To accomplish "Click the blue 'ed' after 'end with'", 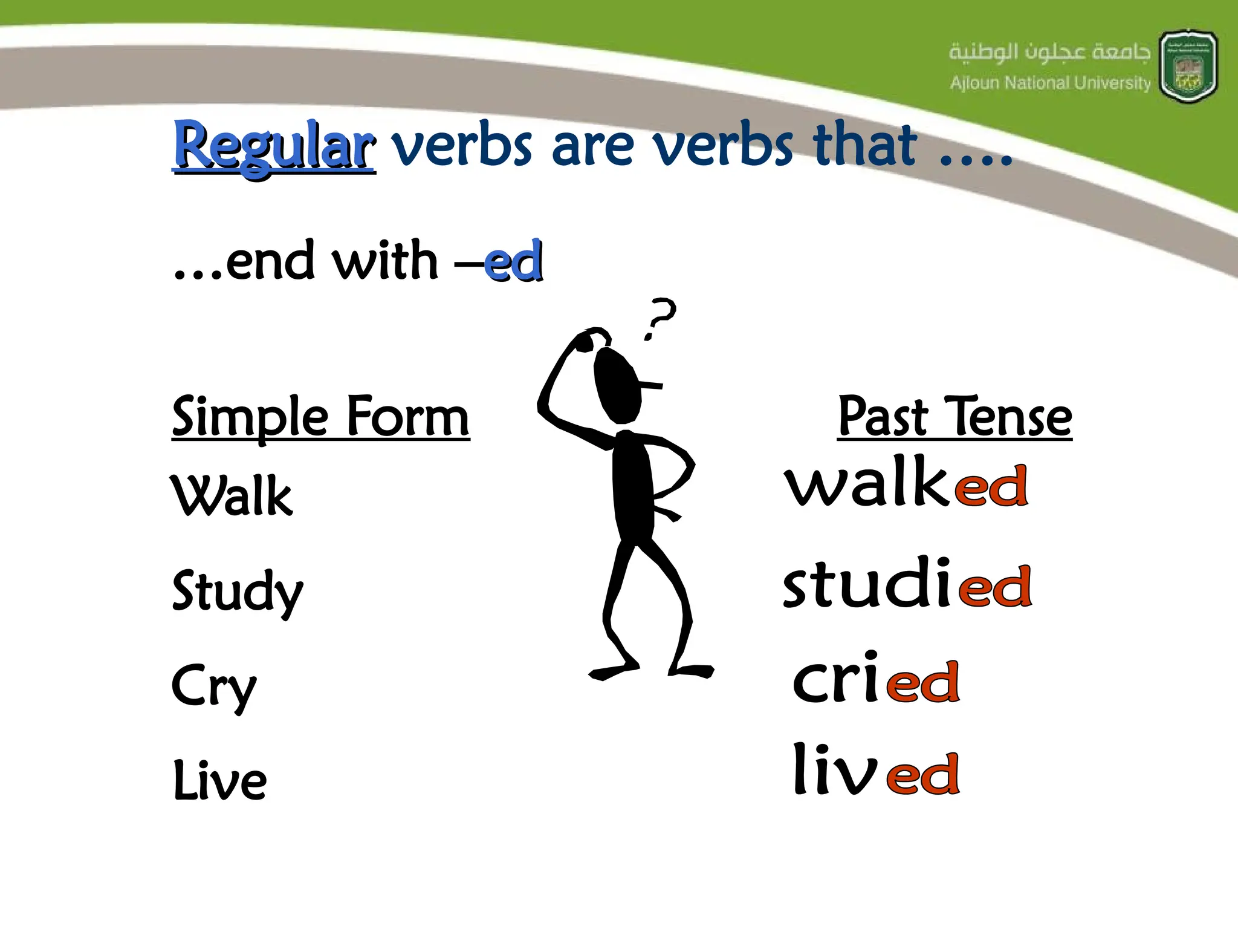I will click(513, 262).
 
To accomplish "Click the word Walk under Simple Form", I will click(232, 496).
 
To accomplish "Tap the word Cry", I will click(214, 686).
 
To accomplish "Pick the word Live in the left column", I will click(219, 780).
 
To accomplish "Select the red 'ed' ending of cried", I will click(923, 682).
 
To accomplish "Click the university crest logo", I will click(1188, 67).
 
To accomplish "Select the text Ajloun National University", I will click(1050, 83).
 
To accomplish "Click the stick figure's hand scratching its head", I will click(585, 342).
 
